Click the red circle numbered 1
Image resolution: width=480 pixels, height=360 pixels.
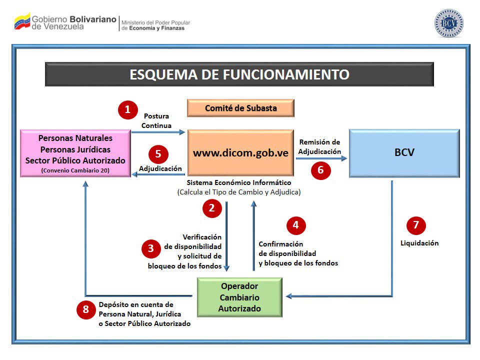coord(127,109)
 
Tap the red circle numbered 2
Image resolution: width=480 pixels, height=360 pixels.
coord(212,208)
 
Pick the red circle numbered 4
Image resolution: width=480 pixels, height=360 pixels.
coord(296,225)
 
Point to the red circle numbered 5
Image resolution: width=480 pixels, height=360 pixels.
coord(158,154)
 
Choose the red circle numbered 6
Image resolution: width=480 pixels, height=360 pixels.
coord(320,170)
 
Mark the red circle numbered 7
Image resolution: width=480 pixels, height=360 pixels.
coord(415,225)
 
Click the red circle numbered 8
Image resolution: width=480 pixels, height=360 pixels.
coord(86,309)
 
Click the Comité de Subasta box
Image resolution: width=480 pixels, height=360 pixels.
coord(240,108)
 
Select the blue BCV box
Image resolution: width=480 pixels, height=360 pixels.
coord(404,153)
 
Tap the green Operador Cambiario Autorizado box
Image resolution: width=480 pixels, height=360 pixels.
coord(239,297)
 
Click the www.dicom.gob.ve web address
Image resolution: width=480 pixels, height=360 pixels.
coord(240,153)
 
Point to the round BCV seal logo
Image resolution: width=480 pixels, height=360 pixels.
coord(448,23)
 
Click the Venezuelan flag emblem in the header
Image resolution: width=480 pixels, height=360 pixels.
coord(22,21)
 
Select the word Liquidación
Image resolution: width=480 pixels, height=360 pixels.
coord(419,243)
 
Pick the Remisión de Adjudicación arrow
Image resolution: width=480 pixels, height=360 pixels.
coord(321,158)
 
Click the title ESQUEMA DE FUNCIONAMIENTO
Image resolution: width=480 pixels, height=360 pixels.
coord(239,74)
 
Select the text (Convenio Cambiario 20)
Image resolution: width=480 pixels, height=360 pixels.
coord(75,170)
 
